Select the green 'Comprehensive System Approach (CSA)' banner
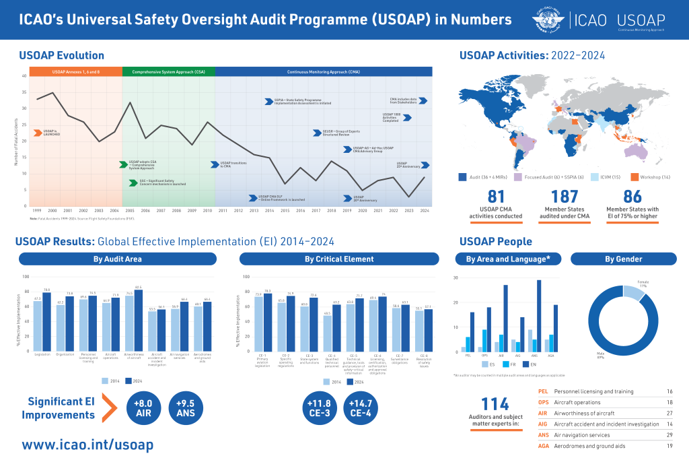coord(168,71)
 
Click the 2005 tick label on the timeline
coord(130,211)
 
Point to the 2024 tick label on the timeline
coord(424,211)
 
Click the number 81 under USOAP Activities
coord(496,196)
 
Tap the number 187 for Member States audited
coord(564,196)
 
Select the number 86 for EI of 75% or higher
coord(632,196)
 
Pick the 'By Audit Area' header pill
coord(117,259)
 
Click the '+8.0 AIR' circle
coord(144,409)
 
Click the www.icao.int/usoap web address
coord(87,445)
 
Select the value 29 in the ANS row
coord(669,435)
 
